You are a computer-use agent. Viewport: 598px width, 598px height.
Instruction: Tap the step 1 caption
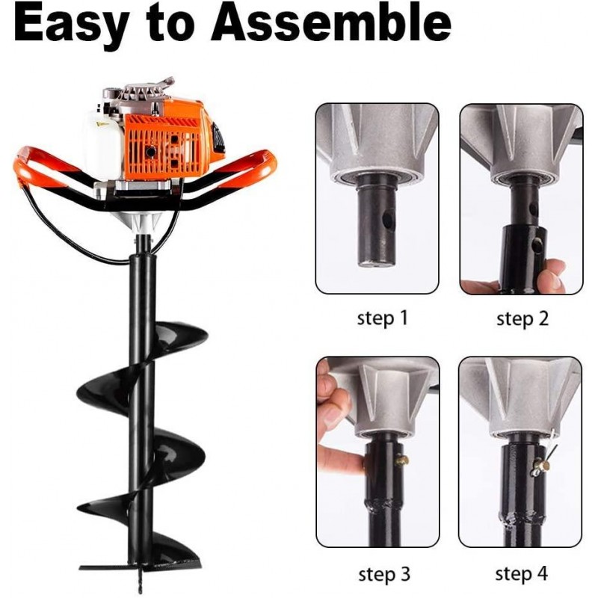383,318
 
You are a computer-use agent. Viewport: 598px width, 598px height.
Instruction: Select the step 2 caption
523,318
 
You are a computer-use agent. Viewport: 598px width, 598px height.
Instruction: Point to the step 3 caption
383,574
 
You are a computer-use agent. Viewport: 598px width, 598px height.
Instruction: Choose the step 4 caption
521,574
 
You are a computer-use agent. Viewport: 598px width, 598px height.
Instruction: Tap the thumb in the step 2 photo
552,275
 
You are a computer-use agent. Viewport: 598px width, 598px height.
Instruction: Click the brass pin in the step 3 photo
402,460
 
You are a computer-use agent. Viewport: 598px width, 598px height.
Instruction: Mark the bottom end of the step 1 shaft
374,262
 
